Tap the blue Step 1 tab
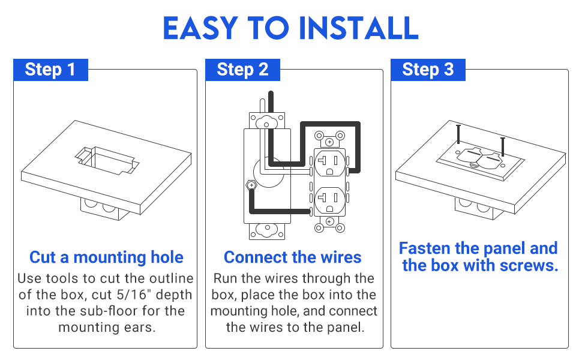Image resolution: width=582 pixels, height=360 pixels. pos(50,70)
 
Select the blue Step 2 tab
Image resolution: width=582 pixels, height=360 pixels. pos(242,70)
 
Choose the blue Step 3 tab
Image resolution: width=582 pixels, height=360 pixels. pos(428,70)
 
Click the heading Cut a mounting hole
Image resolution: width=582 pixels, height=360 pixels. pos(106,257)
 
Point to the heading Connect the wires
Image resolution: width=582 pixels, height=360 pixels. pos(293,257)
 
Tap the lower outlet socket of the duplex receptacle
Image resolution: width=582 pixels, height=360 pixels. pos(329,199)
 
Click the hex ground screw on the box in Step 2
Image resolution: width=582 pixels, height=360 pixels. pos(251,186)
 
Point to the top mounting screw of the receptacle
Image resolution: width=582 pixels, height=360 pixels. pos(329,142)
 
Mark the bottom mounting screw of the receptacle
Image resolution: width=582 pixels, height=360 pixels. pos(329,221)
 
